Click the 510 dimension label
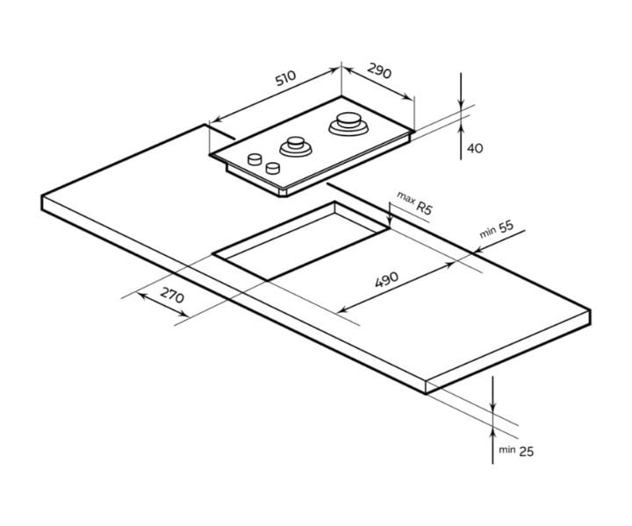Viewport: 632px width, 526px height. pyautogui.click(x=285, y=78)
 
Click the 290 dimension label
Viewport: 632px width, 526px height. pyautogui.click(x=379, y=71)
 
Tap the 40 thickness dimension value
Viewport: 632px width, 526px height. pyautogui.click(x=475, y=148)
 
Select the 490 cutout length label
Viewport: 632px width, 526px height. pyautogui.click(x=386, y=280)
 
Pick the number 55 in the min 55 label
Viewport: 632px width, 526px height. pyautogui.click(x=506, y=227)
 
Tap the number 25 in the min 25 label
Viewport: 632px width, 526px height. pyautogui.click(x=526, y=451)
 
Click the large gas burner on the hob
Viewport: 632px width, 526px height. pyautogui.click(x=348, y=124)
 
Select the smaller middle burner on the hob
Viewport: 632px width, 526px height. pyautogui.click(x=296, y=146)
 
